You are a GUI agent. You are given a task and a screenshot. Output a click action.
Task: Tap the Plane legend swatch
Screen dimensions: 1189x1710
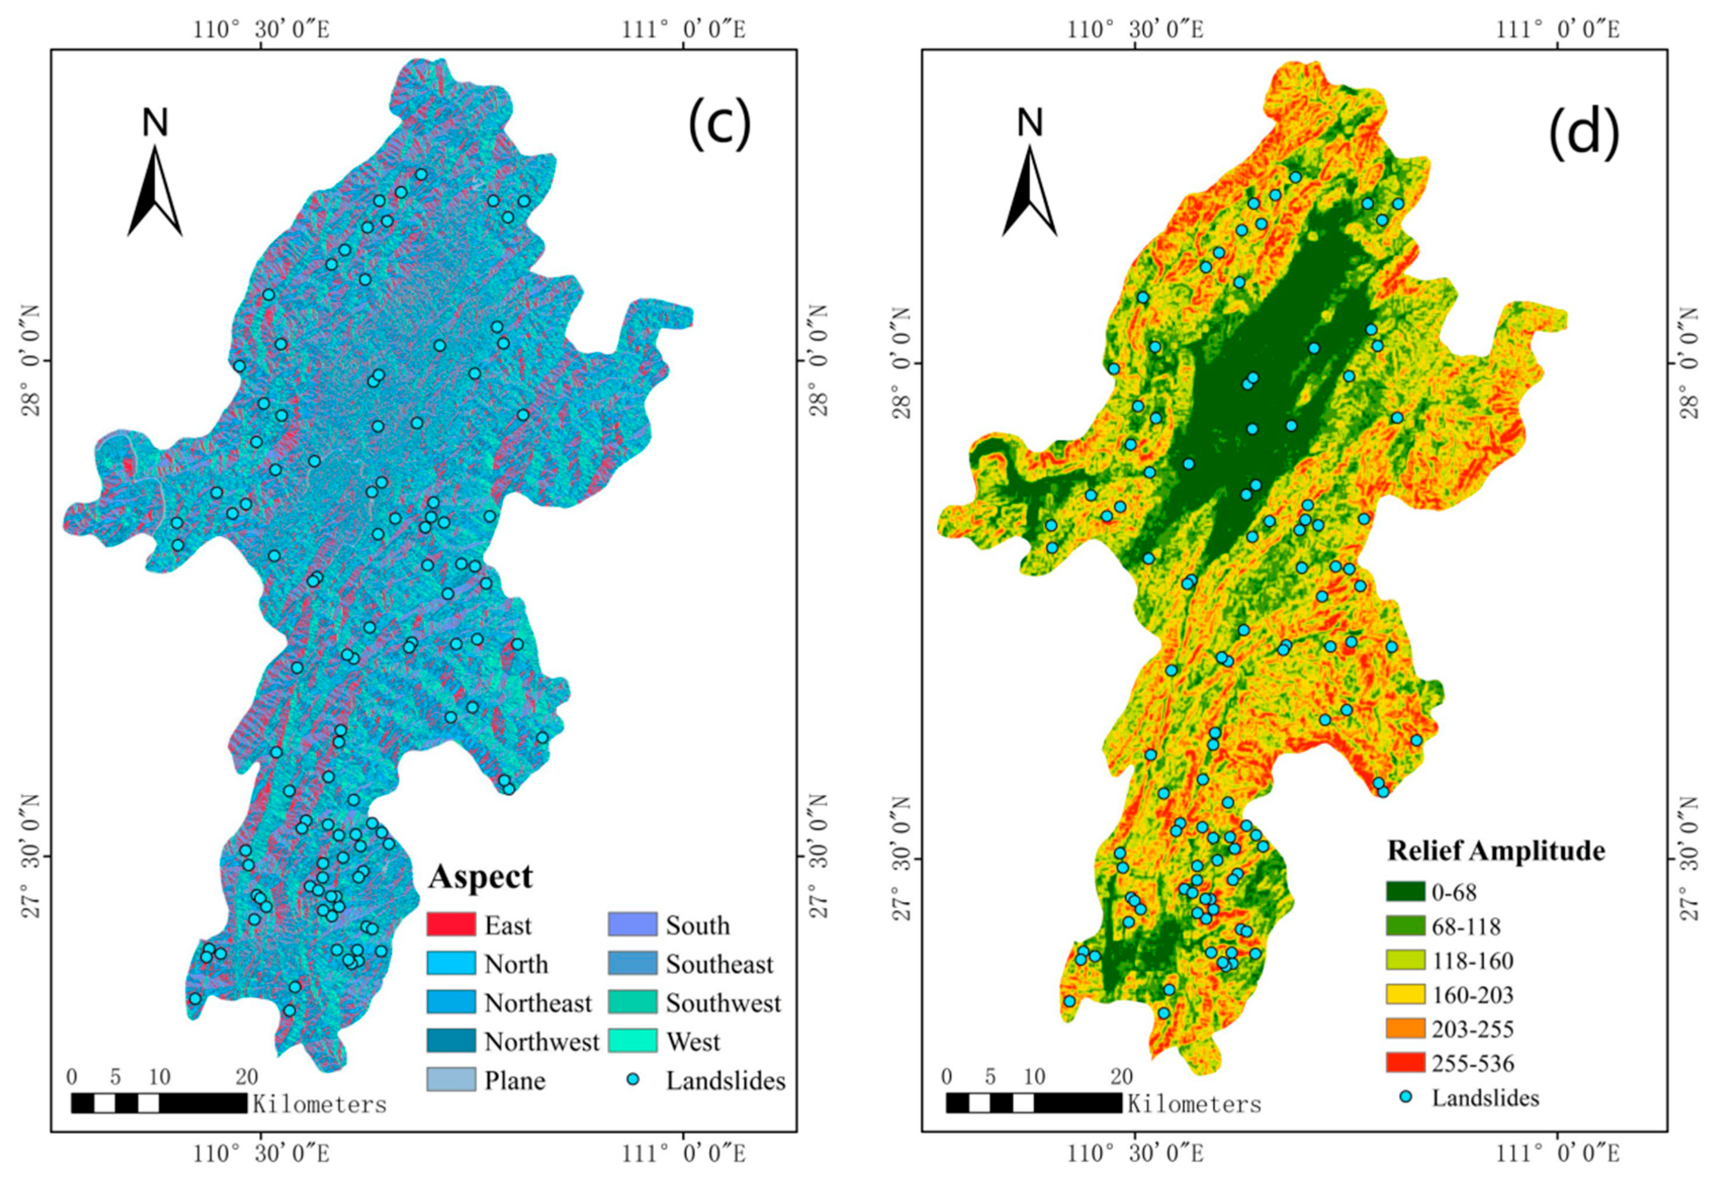click(x=451, y=1080)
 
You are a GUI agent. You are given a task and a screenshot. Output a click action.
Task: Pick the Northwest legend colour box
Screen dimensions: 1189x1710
click(x=451, y=1041)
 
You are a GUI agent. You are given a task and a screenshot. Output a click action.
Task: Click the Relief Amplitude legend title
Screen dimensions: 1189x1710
click(x=1496, y=850)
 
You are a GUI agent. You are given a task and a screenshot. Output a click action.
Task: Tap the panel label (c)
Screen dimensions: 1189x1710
click(x=718, y=125)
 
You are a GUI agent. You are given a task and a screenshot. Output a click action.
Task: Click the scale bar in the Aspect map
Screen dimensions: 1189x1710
click(x=159, y=1104)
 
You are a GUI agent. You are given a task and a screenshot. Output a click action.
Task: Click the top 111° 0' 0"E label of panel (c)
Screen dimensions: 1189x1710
click(x=684, y=30)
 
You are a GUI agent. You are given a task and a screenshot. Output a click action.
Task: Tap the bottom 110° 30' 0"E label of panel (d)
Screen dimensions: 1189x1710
click(x=1135, y=1154)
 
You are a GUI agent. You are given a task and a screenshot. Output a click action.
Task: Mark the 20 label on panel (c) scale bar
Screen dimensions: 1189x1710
click(x=247, y=1077)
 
